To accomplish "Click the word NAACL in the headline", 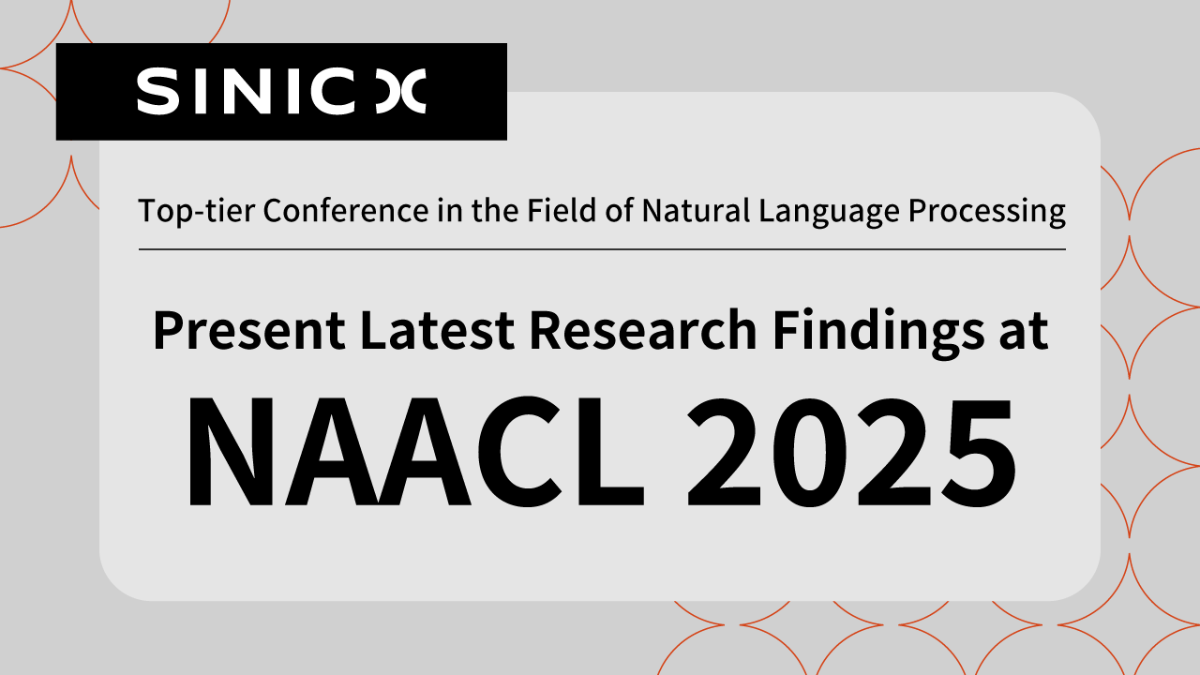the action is (x=416, y=452).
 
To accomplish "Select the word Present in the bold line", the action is (x=249, y=330).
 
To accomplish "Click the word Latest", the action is (x=437, y=330).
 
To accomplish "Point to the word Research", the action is (x=643, y=330).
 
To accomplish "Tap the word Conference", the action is (x=346, y=210).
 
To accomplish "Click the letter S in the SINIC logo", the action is (x=157, y=91).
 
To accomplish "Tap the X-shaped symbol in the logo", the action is (x=400, y=91).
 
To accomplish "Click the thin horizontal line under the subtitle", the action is (x=602, y=249).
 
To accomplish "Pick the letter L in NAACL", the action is (x=610, y=452).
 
